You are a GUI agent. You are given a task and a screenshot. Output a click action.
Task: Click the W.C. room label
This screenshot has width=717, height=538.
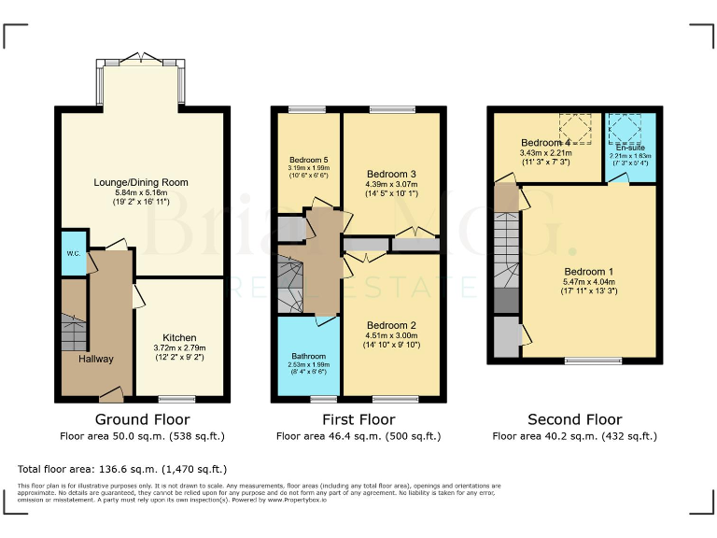(x=72, y=254)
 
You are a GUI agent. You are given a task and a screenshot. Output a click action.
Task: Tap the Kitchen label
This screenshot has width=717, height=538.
(x=179, y=337)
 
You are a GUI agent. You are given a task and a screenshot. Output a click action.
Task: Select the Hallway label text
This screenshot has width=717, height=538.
(x=95, y=359)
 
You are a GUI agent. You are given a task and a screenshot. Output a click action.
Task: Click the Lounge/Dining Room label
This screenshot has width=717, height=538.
(x=141, y=182)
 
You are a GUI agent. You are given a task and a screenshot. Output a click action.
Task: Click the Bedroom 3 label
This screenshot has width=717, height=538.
(x=391, y=174)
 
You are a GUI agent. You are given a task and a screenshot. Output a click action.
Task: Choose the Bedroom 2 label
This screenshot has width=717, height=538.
(x=391, y=324)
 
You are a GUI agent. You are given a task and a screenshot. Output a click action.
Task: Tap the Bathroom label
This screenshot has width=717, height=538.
(x=309, y=356)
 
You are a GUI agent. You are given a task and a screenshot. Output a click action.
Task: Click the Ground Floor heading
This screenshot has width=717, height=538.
(x=142, y=420)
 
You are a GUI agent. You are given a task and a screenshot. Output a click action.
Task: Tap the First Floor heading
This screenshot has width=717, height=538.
(x=358, y=420)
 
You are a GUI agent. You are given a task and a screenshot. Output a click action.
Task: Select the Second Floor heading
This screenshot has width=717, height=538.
(x=574, y=420)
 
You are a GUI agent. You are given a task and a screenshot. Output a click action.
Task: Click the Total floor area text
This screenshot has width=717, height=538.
(x=122, y=469)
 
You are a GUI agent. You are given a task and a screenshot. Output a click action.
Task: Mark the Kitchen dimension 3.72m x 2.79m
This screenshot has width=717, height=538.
(x=179, y=347)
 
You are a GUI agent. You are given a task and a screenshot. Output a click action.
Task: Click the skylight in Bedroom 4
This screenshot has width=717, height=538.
(x=575, y=128)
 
